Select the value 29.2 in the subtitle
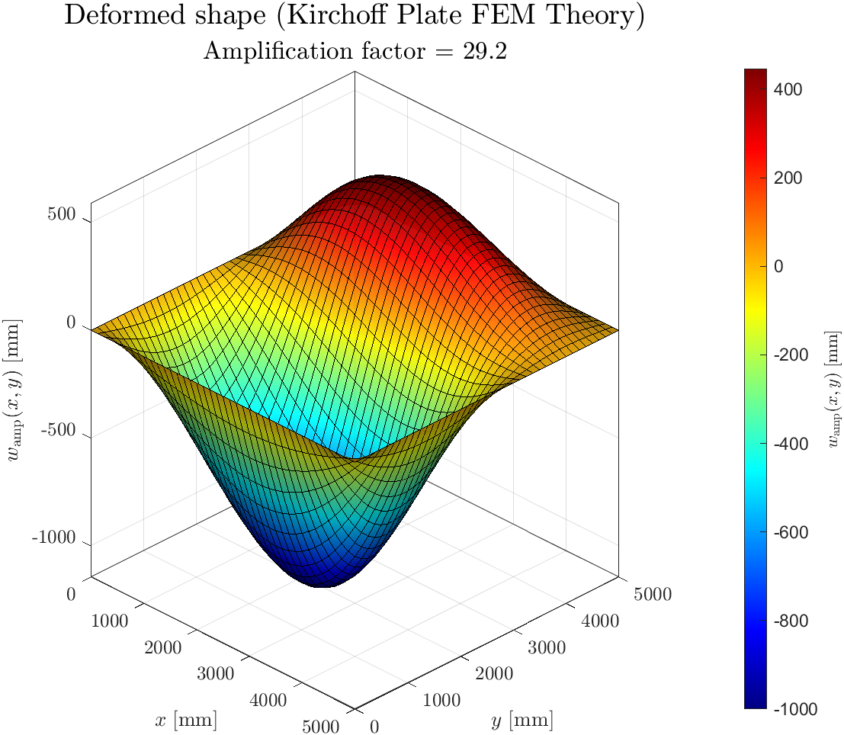point(485,52)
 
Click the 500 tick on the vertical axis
point(61,215)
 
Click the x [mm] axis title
point(185,719)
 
